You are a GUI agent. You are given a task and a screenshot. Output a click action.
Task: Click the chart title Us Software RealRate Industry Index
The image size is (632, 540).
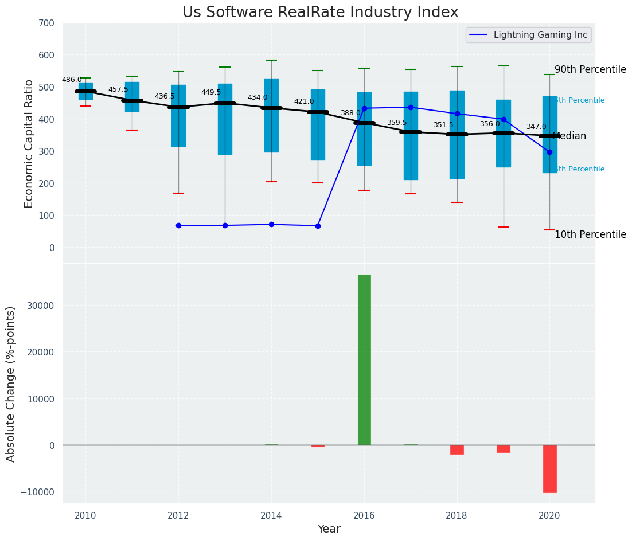(x=320, y=13)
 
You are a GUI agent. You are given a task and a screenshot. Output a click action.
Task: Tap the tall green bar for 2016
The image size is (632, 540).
(x=364, y=359)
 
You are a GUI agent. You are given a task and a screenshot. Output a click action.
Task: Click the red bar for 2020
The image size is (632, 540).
(x=549, y=468)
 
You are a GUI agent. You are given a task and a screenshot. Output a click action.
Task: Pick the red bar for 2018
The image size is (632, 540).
(x=457, y=449)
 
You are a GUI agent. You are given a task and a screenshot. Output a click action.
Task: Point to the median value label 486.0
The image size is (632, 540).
(x=72, y=80)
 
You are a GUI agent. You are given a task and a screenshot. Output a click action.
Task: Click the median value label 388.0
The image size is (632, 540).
(x=350, y=114)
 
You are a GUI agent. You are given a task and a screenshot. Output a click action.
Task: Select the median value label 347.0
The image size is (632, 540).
(x=536, y=127)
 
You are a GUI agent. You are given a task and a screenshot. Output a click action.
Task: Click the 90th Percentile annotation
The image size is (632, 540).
(x=590, y=70)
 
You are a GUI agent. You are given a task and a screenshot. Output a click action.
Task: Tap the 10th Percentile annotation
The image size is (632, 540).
(x=590, y=235)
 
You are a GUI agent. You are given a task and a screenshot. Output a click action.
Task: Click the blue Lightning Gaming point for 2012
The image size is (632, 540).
(x=178, y=225)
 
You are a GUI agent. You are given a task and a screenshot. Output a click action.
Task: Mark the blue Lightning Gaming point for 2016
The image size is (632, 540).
(x=364, y=108)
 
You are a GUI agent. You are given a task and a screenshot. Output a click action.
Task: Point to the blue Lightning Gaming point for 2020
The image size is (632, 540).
(x=549, y=152)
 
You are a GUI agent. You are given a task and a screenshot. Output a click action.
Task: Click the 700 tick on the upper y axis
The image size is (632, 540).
(x=46, y=24)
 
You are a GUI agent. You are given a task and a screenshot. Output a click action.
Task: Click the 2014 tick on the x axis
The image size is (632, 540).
(x=271, y=515)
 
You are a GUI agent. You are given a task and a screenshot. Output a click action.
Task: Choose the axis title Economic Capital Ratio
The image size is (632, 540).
(x=29, y=143)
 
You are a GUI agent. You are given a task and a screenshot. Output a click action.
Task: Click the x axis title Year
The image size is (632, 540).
(x=329, y=529)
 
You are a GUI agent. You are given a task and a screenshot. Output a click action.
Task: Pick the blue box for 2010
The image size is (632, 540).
(x=85, y=91)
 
